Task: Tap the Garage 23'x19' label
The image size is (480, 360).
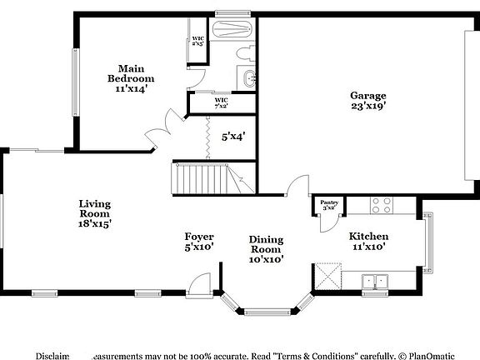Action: (367, 100)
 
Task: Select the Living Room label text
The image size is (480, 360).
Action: (95, 213)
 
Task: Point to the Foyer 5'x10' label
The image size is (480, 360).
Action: (199, 242)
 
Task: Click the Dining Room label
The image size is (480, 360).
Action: (267, 249)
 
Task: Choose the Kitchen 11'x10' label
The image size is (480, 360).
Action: (368, 242)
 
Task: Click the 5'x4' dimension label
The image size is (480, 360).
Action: (233, 135)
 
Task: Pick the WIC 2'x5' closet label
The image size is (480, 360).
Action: (198, 41)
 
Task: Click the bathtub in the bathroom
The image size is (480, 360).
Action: (232, 31)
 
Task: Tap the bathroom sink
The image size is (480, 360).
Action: (248, 79)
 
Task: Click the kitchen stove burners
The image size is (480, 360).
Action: (381, 203)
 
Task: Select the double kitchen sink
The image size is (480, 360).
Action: (377, 282)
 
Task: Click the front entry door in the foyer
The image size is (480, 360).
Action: (199, 285)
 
